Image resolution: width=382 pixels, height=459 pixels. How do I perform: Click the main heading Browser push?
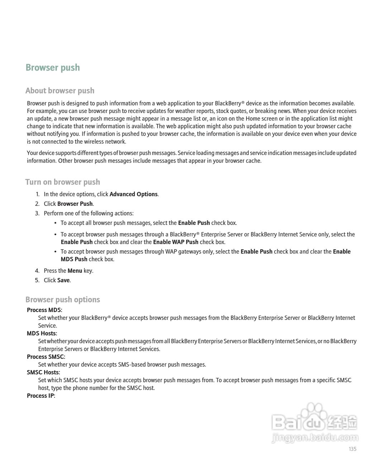click(53, 68)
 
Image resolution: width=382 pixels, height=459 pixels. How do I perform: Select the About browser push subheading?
click(60, 91)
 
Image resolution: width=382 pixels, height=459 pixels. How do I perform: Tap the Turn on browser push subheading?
click(63, 182)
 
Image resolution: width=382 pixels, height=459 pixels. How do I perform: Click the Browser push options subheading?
click(63, 300)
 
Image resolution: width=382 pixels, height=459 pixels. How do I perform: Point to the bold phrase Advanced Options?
click(133, 194)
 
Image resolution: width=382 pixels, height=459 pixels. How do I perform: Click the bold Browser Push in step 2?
click(75, 204)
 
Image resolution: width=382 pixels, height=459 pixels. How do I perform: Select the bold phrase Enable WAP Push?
click(176, 242)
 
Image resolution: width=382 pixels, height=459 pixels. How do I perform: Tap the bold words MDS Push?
click(74, 259)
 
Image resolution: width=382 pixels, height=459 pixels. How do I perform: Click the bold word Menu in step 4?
click(75, 271)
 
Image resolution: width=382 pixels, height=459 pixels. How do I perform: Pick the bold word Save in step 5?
click(63, 280)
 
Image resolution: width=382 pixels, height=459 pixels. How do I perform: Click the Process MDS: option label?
click(44, 310)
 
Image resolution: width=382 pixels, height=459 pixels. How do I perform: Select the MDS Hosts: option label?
click(42, 333)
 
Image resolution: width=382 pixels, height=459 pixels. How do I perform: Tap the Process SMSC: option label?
click(46, 357)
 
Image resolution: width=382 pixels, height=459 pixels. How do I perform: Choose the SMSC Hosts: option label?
click(43, 373)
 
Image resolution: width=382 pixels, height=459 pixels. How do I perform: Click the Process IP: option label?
click(41, 396)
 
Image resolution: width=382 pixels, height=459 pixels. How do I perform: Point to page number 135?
click(352, 449)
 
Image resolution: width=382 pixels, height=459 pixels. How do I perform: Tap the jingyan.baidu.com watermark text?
click(315, 438)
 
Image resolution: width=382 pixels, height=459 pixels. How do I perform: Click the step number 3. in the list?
click(37, 214)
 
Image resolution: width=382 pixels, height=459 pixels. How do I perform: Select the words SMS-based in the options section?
click(131, 365)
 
